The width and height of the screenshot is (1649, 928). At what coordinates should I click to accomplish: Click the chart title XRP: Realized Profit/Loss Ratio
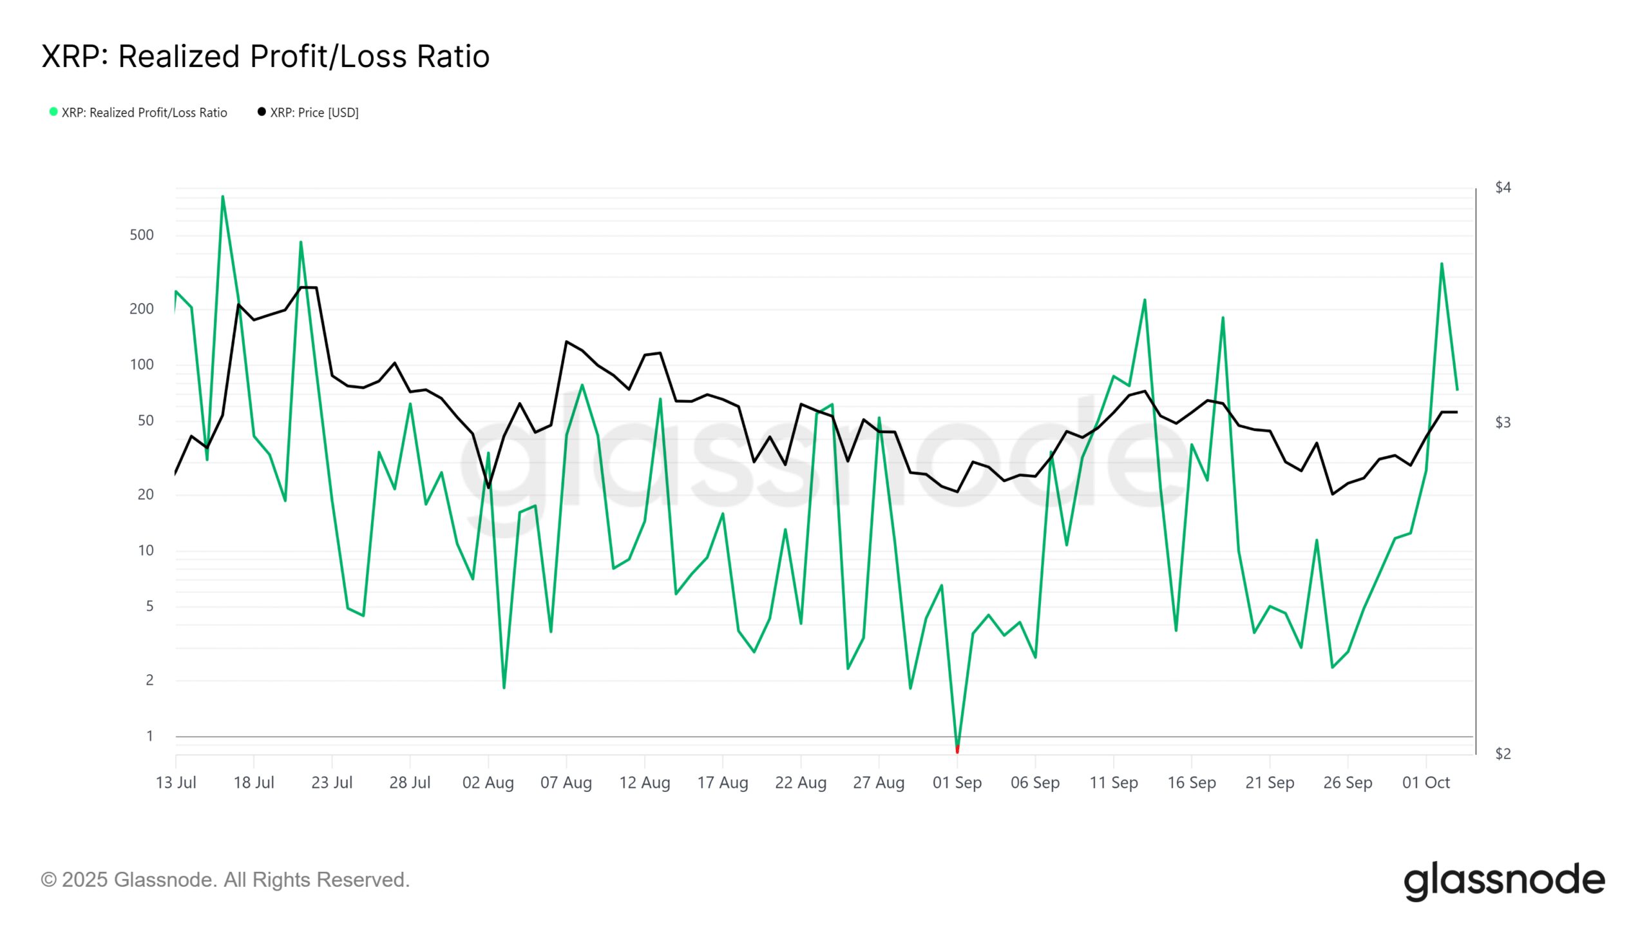tap(265, 57)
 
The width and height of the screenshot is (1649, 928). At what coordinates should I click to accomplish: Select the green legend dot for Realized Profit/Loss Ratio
tap(53, 112)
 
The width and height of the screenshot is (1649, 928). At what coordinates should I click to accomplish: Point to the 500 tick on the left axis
tap(142, 235)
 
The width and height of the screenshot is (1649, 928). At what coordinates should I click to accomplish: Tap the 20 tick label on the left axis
tap(146, 495)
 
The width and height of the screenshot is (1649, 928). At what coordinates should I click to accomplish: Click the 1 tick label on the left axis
tap(149, 736)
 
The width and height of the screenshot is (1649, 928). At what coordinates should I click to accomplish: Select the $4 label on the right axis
tap(1503, 188)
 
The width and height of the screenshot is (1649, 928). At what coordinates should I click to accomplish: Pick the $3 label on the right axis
tap(1503, 423)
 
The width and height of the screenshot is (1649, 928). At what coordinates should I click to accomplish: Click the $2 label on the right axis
tap(1503, 754)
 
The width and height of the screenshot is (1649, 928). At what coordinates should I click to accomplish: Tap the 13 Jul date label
tap(176, 783)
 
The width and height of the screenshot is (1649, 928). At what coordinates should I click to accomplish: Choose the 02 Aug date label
tap(488, 783)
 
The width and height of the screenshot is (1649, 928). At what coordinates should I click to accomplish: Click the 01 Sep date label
tap(957, 783)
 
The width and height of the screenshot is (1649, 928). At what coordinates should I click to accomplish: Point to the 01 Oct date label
tap(1426, 783)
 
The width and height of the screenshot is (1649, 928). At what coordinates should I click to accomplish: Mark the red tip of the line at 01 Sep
tap(957, 749)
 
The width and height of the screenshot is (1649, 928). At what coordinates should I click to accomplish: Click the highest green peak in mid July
tap(223, 197)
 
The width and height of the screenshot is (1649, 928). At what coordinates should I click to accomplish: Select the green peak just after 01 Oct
tap(1442, 264)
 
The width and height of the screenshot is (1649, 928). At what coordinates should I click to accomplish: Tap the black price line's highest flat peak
tap(309, 287)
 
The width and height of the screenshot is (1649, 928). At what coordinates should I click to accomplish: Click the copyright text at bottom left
tap(225, 880)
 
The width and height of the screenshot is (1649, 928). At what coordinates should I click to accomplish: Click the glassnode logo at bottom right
tap(1504, 881)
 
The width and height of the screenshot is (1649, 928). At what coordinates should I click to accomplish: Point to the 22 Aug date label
tap(801, 783)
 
